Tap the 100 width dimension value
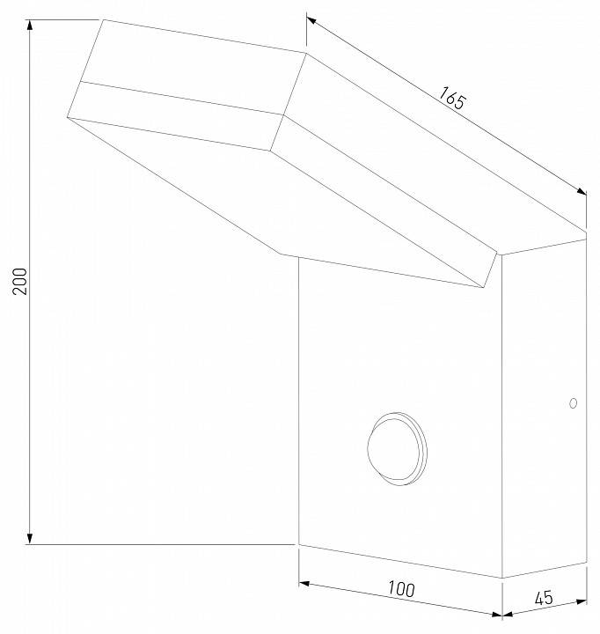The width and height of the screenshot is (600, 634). click(399, 588)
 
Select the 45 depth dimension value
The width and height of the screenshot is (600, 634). click(543, 598)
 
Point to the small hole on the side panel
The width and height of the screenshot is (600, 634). click(573, 403)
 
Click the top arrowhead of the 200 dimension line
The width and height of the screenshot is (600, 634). click(31, 25)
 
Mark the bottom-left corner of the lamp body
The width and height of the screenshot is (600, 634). click(299, 545)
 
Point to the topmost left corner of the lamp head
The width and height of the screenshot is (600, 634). click(103, 19)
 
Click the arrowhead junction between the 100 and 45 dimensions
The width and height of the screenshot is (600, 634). click(501, 614)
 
